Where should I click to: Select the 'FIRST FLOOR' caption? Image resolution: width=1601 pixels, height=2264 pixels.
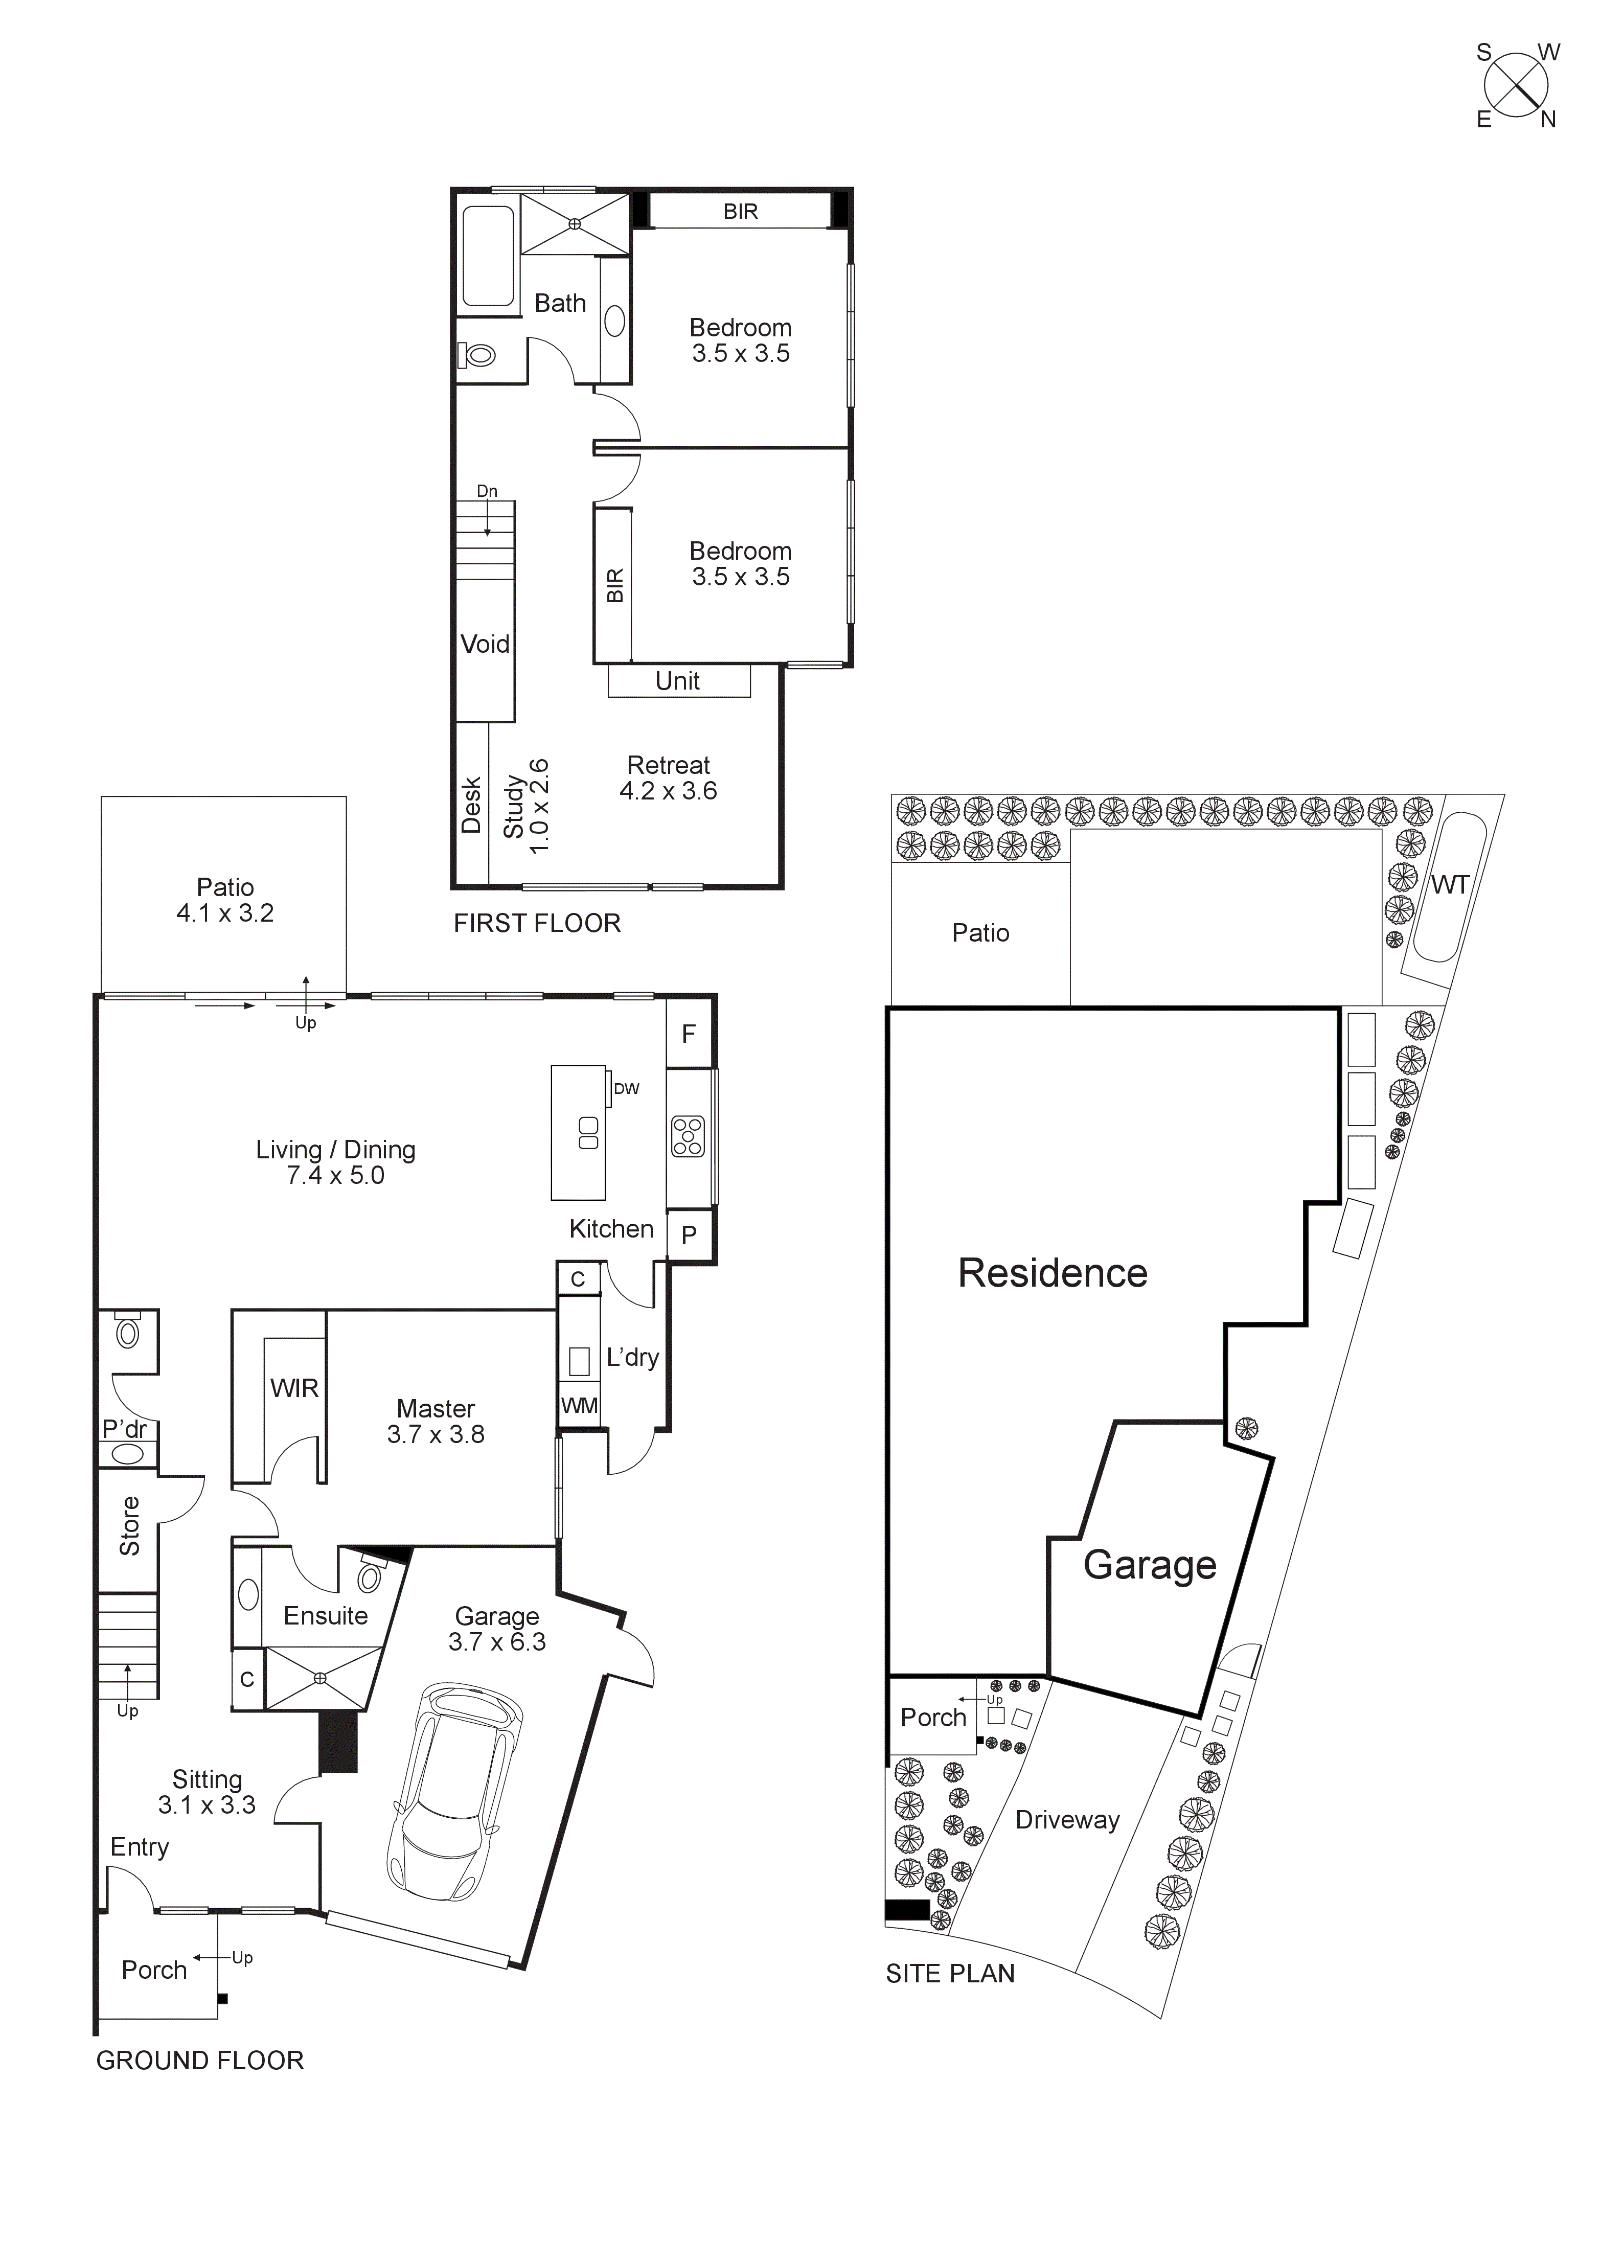coord(537,924)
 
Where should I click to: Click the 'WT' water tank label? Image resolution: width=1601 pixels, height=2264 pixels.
coord(1449,885)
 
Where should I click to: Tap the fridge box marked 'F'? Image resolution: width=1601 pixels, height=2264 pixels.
coord(689,1034)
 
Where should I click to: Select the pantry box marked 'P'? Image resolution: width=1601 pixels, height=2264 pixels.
coord(689,1234)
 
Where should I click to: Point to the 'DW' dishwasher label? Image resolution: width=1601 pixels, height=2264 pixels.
coord(626,1089)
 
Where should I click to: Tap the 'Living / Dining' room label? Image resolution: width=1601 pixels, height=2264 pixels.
coord(335,1150)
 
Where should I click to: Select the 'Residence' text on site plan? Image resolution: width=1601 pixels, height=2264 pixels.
coord(1053,1273)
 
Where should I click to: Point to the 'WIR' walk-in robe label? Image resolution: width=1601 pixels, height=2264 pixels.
coord(294,1388)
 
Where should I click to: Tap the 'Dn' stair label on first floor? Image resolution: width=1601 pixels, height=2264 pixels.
coord(487,491)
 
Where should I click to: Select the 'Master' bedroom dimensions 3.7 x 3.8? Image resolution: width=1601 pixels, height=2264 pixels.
coord(436,1435)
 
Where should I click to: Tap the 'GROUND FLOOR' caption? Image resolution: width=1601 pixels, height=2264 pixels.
coord(200,2061)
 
